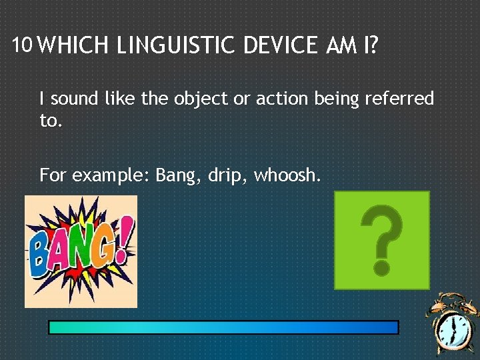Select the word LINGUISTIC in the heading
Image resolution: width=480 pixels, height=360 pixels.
[x=175, y=46]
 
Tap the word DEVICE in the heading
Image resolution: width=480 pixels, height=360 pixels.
[x=281, y=46]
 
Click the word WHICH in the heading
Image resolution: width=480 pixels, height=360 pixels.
[x=74, y=46]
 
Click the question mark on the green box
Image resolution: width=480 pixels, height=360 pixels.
[x=381, y=240]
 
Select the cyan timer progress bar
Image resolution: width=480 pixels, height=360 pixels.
[x=223, y=327]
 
